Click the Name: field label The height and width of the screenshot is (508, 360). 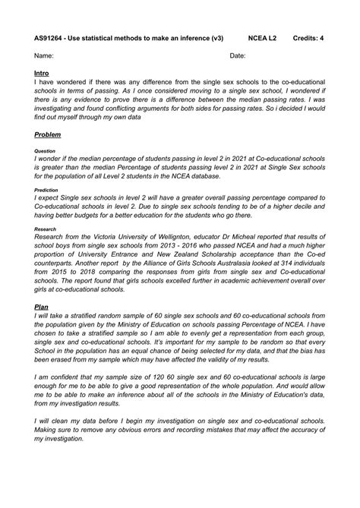tap(44, 55)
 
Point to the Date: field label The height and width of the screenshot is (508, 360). tap(238, 55)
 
